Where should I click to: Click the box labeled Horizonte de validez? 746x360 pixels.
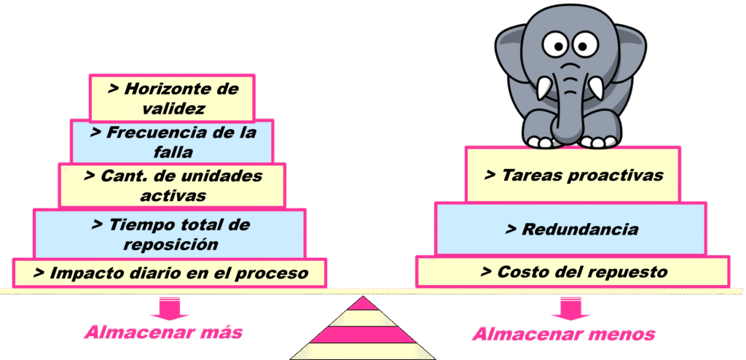172,98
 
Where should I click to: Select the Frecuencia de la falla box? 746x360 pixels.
172,142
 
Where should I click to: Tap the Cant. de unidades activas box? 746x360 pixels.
172,186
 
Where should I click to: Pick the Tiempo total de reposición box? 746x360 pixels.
170,234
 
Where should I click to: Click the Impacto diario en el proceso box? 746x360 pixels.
170,273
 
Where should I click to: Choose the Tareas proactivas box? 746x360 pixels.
573,175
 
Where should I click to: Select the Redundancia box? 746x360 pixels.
570,229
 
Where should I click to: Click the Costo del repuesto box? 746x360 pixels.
573,272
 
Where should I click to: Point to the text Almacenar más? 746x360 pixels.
162,333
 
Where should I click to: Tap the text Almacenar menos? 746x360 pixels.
564,334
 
